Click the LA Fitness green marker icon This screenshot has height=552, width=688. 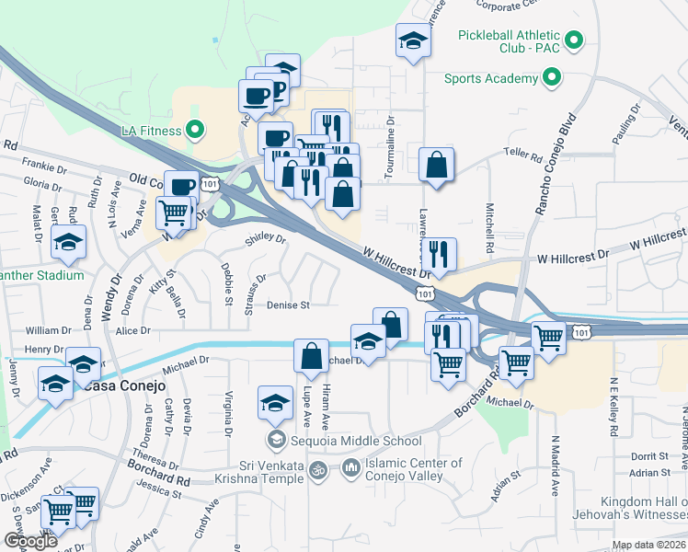pyautogui.click(x=194, y=130)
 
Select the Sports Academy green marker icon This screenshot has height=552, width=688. pyautogui.click(x=552, y=78)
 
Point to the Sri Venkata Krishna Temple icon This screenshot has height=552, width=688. pyautogui.click(x=318, y=469)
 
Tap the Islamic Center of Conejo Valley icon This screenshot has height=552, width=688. pyautogui.click(x=350, y=469)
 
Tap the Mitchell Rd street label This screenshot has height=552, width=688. pyautogui.click(x=490, y=228)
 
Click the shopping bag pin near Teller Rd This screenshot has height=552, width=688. pyautogui.click(x=437, y=167)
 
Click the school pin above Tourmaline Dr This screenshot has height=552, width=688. pyautogui.click(x=413, y=41)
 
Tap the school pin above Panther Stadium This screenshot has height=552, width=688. pyautogui.click(x=69, y=244)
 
